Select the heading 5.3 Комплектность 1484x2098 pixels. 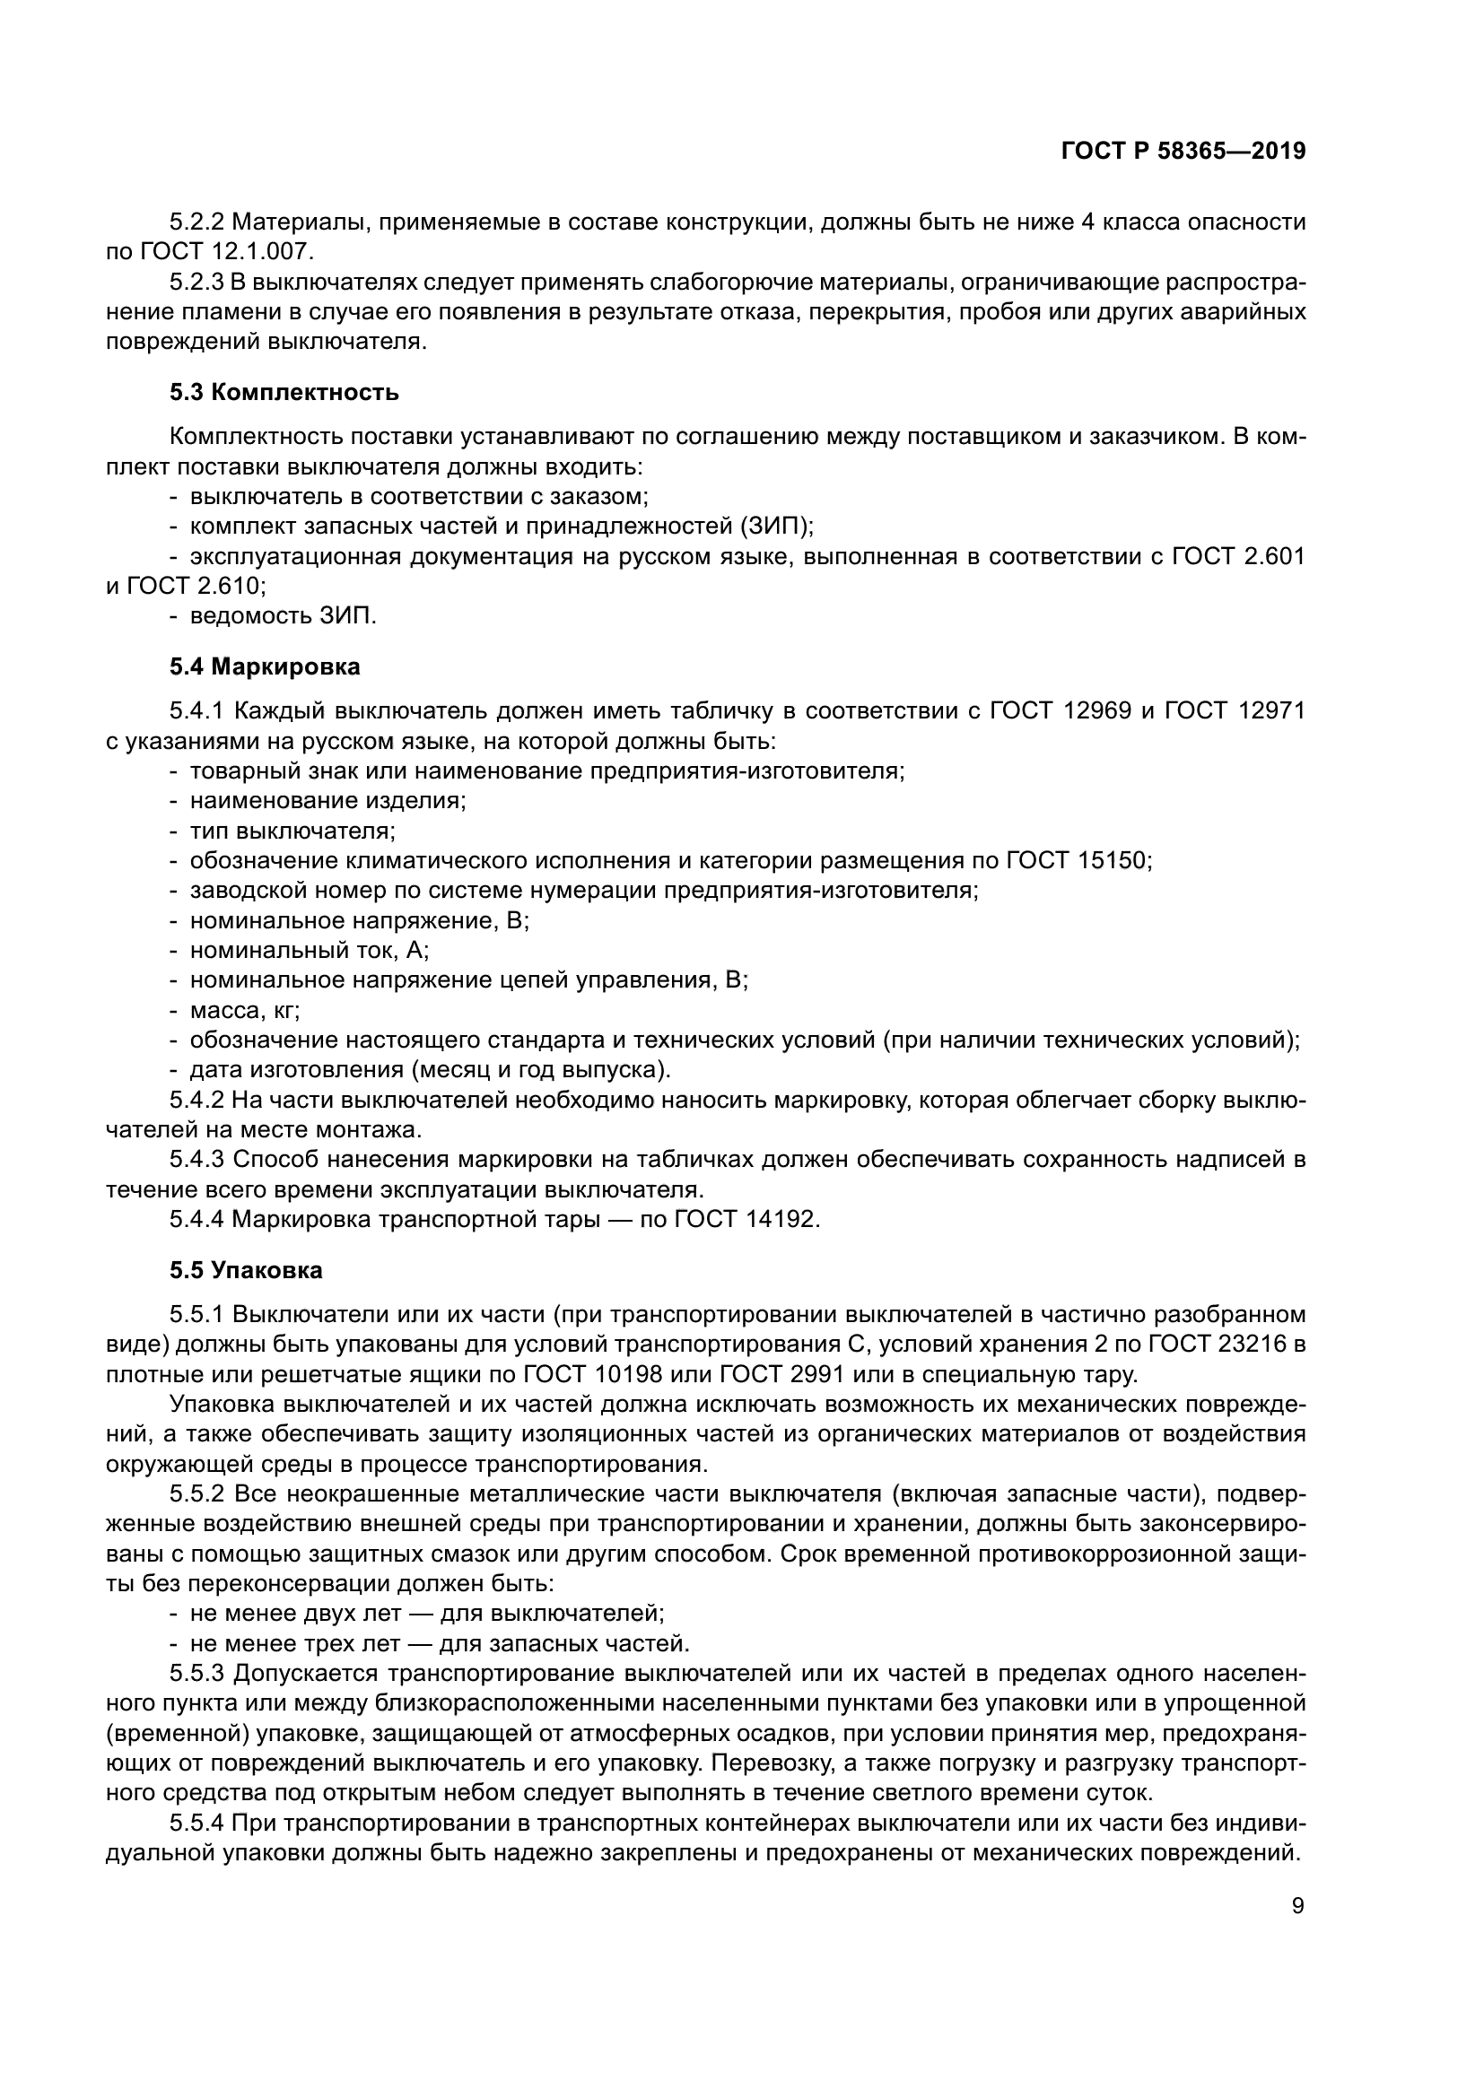284,393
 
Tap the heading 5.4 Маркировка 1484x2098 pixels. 265,667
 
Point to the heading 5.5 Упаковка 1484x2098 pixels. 246,1271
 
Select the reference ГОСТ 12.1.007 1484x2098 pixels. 223,251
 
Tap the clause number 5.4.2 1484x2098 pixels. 196,1101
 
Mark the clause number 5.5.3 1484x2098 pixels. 196,1673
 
